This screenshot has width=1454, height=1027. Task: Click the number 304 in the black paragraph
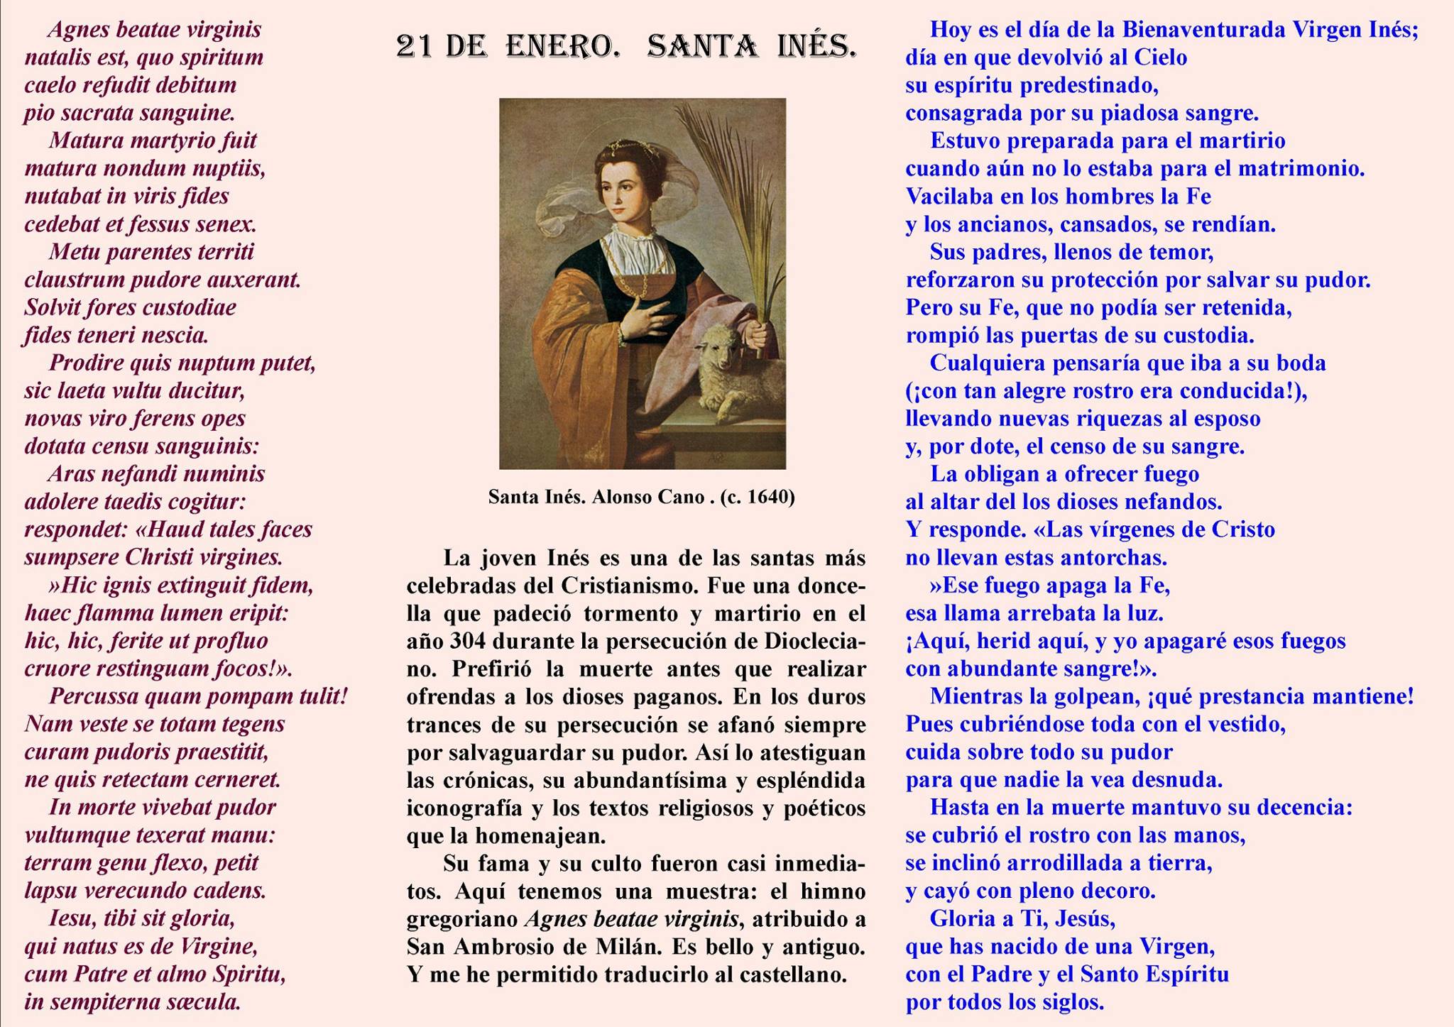click(467, 641)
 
